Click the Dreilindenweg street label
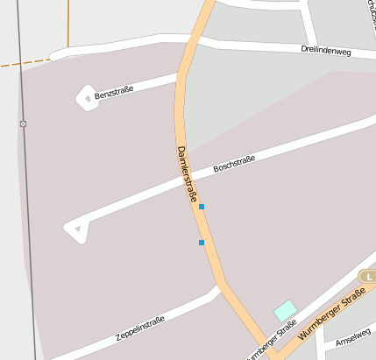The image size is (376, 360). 325,50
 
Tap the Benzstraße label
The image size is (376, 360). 114,92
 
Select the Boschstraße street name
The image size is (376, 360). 234,164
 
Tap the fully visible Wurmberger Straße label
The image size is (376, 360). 331,319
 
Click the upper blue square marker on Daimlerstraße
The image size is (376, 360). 202,207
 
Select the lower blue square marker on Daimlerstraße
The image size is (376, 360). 202,243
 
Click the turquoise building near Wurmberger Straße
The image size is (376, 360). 285,310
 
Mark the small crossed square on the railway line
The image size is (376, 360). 24,124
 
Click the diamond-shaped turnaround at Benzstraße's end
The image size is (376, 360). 87,97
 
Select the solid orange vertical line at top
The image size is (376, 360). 67,23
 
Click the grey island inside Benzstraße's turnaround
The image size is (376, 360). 87,97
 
